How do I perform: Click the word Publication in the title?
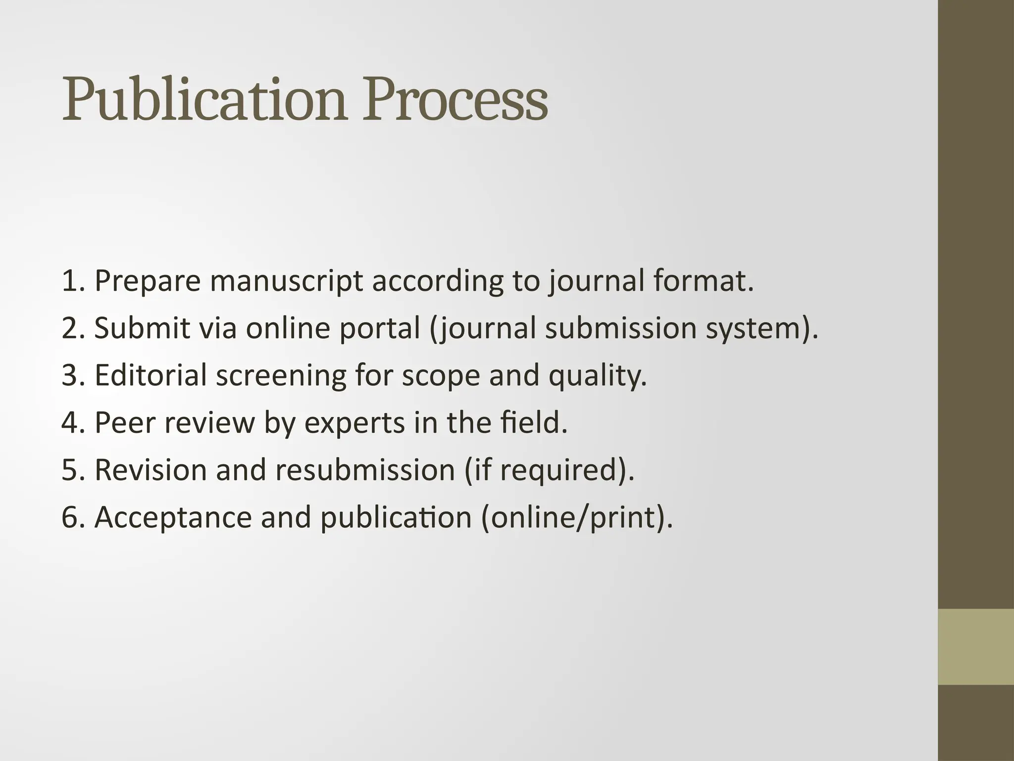pyautogui.click(x=203, y=100)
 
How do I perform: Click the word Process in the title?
pyautogui.click(x=455, y=100)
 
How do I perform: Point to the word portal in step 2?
pyautogui.click(x=380, y=328)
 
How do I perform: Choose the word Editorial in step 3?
pyautogui.click(x=151, y=375)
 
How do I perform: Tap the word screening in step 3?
pyautogui.click(x=281, y=376)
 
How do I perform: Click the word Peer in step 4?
pyautogui.click(x=124, y=423)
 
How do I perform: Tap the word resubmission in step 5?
pyautogui.click(x=365, y=470)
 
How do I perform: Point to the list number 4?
pyautogui.click(x=70, y=423)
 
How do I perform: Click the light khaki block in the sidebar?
pyautogui.click(x=976, y=647)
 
